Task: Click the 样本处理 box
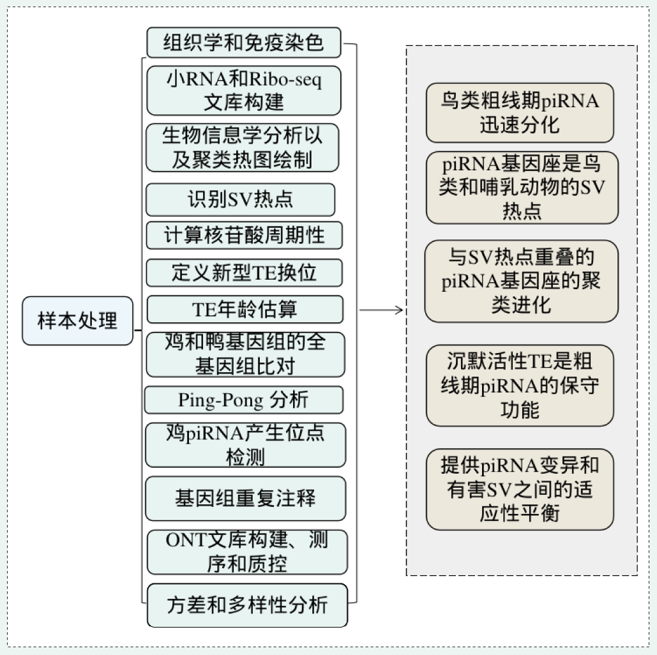(x=77, y=320)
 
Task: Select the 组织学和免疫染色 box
(x=244, y=42)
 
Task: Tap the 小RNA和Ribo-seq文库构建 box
(x=244, y=91)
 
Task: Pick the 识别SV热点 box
(x=241, y=199)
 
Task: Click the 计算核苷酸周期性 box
(x=245, y=235)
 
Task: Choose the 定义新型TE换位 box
(x=245, y=273)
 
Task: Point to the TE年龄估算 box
(x=245, y=310)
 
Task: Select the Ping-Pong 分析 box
(x=244, y=400)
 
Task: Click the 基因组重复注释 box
(x=246, y=499)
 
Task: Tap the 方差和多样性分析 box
(x=248, y=605)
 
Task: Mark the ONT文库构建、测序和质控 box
(x=247, y=552)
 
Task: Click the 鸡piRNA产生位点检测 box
(x=246, y=445)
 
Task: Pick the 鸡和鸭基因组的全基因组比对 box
(x=246, y=354)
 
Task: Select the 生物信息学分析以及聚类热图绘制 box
(x=242, y=147)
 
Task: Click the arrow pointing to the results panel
(x=381, y=310)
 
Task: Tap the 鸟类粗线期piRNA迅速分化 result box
(x=520, y=113)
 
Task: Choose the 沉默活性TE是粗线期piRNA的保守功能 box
(x=520, y=386)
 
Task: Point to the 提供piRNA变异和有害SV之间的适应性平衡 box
(x=520, y=490)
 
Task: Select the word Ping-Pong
(x=221, y=400)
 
